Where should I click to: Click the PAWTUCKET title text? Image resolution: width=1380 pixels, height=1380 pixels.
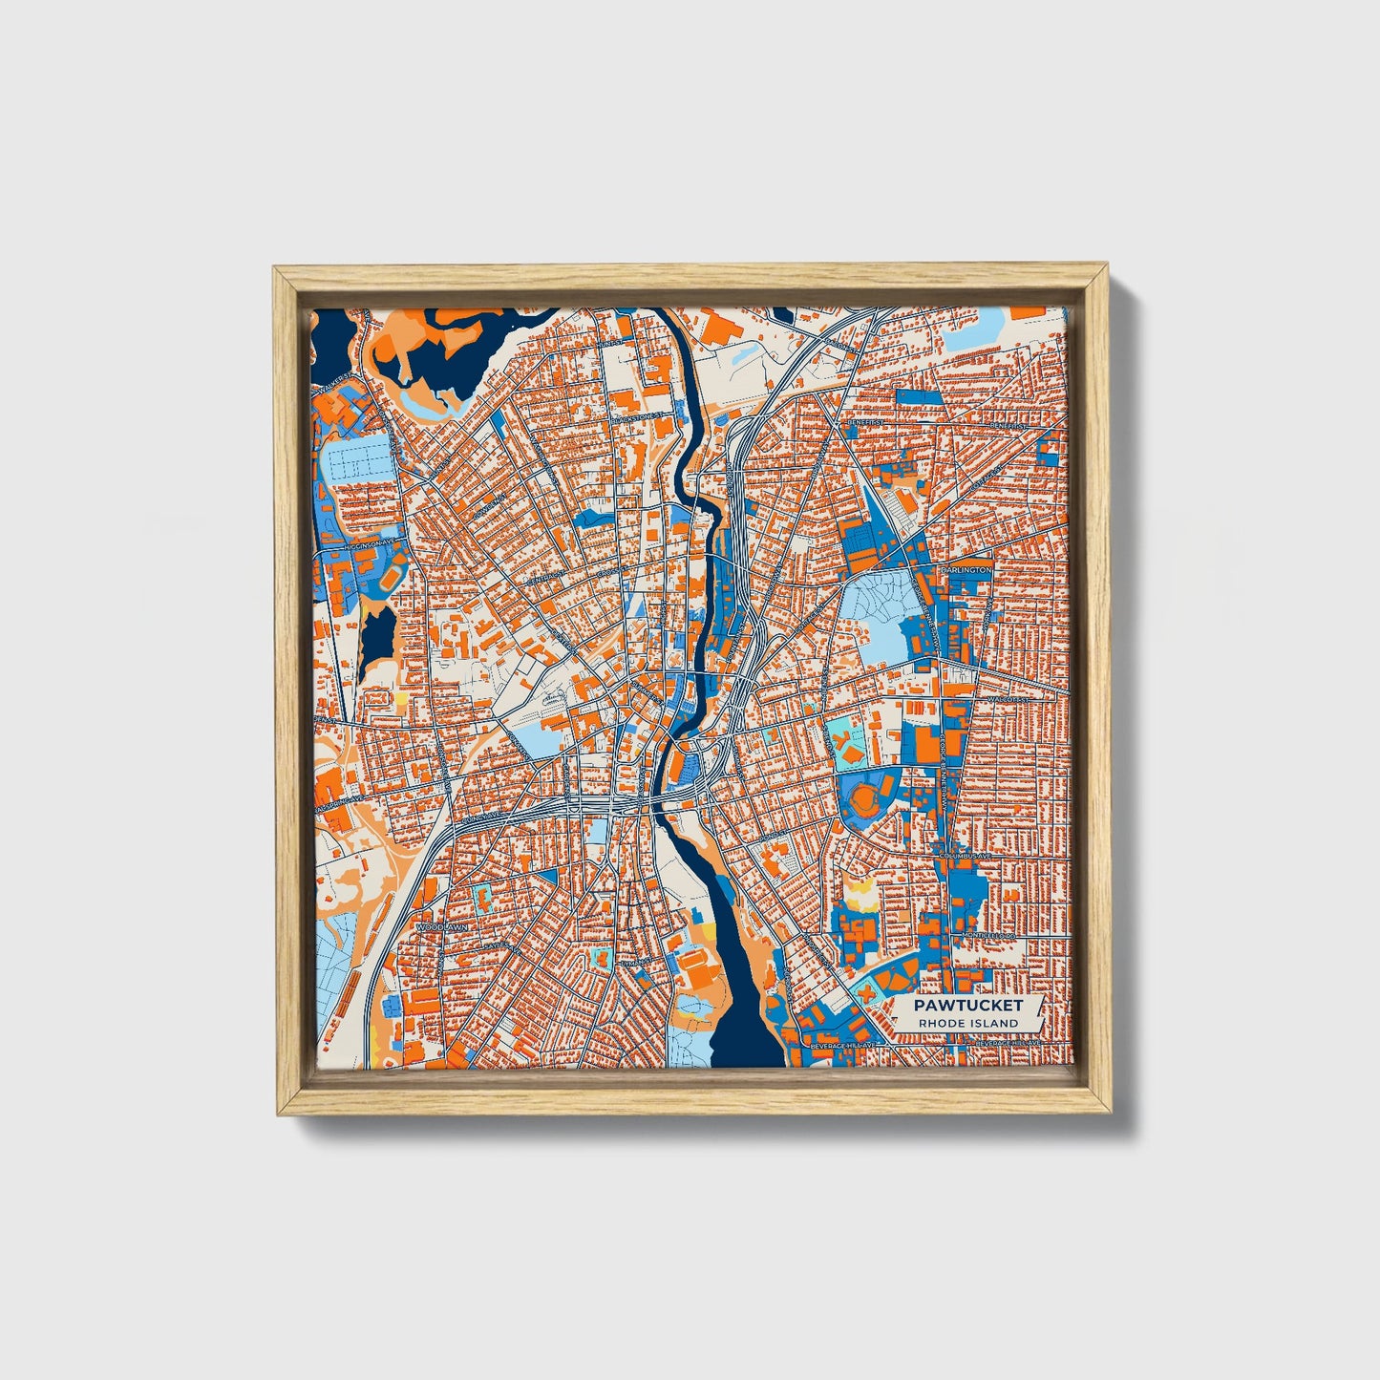(967, 1005)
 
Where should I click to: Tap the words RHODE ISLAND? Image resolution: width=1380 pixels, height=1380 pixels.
(967, 1023)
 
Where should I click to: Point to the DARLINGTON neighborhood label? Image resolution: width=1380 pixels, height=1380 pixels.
(966, 570)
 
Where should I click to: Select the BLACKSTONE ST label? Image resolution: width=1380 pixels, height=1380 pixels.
(635, 418)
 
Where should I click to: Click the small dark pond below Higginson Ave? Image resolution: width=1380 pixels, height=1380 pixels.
(378, 635)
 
